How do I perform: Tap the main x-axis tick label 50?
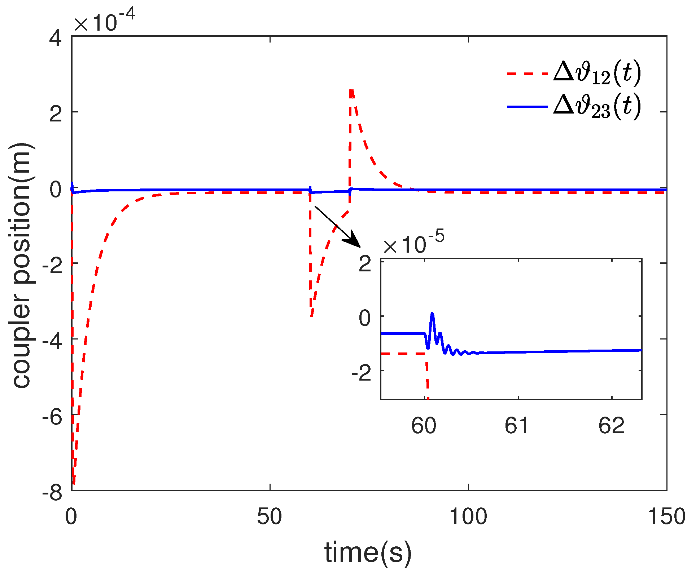pos(270,516)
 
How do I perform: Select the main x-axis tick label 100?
pos(468,516)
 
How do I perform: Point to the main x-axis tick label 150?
pos(666,516)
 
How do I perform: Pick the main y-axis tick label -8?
pos(52,491)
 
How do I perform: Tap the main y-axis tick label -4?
pos(52,339)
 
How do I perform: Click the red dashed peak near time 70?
pos(351,90)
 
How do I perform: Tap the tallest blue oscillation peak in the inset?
pos(432,314)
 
